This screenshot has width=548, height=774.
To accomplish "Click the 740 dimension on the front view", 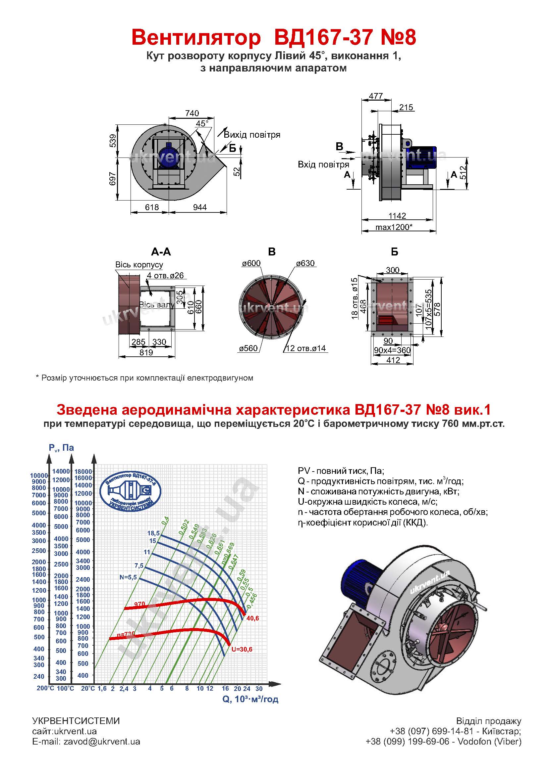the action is (192, 113).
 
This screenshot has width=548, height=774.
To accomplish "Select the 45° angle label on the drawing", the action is (202, 124).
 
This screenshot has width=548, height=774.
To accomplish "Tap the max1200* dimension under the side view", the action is (394, 227).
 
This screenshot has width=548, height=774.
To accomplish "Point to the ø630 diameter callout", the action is (305, 263).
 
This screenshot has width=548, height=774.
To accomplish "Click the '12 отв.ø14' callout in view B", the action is (306, 348).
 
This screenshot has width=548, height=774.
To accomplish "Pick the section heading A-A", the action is (161, 252).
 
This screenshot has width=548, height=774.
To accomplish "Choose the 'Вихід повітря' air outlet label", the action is (252, 135).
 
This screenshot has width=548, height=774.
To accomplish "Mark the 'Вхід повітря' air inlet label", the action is (323, 164).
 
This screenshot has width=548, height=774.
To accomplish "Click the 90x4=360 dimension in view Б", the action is (392, 350).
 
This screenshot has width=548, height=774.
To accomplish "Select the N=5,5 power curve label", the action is (128, 577).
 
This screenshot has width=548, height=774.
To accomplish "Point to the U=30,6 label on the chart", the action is (242, 649).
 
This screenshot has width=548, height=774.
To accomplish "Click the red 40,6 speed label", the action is (253, 618).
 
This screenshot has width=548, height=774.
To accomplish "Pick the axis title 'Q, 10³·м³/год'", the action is (250, 699).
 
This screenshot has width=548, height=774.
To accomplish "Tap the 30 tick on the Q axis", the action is (259, 689).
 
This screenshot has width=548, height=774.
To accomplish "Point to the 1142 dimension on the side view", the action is (397, 216).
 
